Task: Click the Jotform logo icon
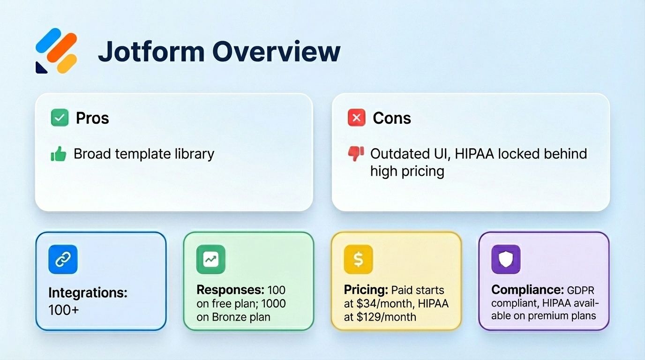pos(57,51)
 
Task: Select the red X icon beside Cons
pos(356,118)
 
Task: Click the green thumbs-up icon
pos(59,154)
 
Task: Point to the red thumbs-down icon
pos(356,154)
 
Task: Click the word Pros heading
pos(92,118)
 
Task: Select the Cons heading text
pos(392,118)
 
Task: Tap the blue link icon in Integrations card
pos(63,259)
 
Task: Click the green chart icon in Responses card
pos(210,259)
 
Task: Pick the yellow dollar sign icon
pos(358,259)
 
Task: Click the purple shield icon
pos(506,259)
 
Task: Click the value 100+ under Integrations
pos(64,309)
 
